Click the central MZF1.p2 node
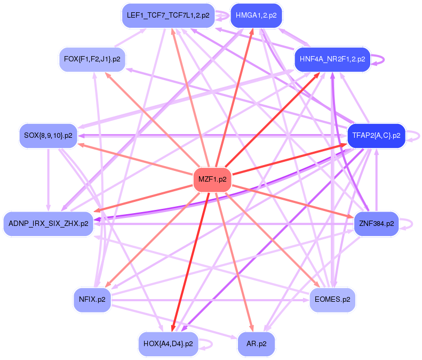click(x=213, y=179)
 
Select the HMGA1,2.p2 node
click(x=256, y=15)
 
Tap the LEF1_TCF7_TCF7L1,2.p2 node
click(x=168, y=15)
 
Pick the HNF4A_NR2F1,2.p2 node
click(x=332, y=59)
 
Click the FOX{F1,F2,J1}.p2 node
click(x=92, y=59)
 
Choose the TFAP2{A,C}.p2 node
click(x=376, y=135)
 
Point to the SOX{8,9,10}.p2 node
click(x=49, y=135)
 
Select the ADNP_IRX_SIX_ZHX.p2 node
click(x=48, y=223)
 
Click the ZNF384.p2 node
click(x=376, y=223)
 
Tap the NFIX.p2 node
click(x=92, y=299)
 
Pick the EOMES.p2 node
click(x=332, y=299)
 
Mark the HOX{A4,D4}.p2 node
click(x=168, y=343)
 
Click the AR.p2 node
click(x=256, y=343)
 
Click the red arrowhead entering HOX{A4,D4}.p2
click(x=173, y=327)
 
